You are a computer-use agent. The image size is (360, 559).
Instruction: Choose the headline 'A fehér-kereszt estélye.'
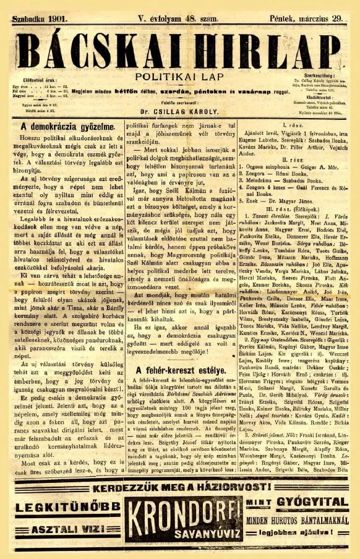[178, 352]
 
